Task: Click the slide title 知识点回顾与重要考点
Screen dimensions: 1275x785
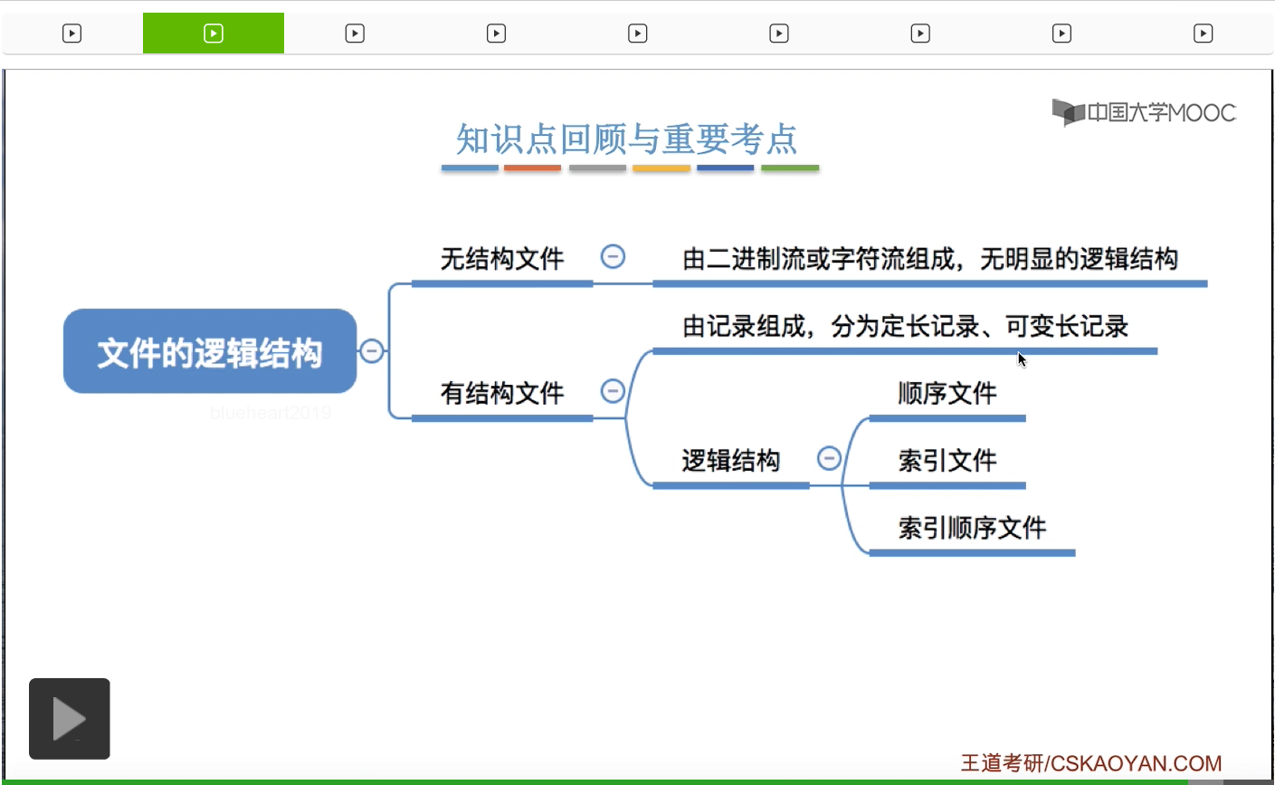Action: click(626, 139)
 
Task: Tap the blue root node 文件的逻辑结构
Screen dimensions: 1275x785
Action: click(210, 352)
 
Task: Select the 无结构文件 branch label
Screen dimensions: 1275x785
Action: click(502, 259)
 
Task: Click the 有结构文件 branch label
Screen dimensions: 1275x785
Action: click(502, 393)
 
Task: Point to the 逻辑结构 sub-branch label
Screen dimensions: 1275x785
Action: click(730, 460)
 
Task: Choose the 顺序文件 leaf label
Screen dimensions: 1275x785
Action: click(947, 393)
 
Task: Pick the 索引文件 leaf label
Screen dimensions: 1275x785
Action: click(947, 460)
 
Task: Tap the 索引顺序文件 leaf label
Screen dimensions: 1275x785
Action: click(972, 527)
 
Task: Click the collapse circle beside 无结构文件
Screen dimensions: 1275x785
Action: click(613, 257)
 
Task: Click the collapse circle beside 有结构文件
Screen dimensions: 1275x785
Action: click(613, 391)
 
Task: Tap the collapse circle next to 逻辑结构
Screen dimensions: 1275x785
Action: click(829, 458)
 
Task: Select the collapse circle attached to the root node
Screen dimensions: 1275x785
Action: click(371, 350)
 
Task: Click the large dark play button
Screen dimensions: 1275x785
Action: click(70, 719)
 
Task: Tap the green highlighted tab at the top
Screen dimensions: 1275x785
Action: click(214, 34)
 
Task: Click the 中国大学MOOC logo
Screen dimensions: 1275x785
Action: click(1144, 112)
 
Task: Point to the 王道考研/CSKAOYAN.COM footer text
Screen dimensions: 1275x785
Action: click(1090, 763)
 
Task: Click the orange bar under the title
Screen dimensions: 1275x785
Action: click(532, 168)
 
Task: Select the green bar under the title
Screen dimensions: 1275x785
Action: click(790, 168)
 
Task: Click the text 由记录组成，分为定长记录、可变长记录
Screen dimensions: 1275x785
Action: click(905, 326)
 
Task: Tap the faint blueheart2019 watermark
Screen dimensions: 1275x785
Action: click(271, 413)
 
